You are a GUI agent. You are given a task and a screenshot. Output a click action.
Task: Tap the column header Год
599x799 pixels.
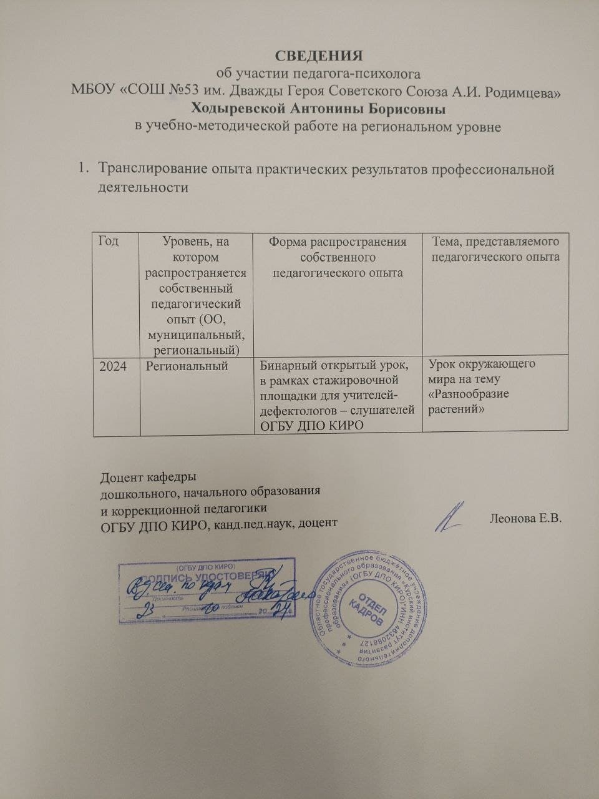[x=108, y=241]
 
